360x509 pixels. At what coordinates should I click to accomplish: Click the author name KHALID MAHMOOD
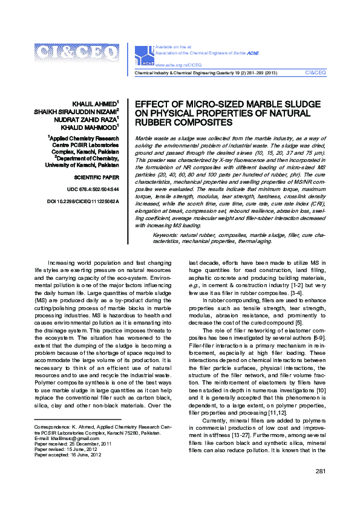(x=91, y=128)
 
